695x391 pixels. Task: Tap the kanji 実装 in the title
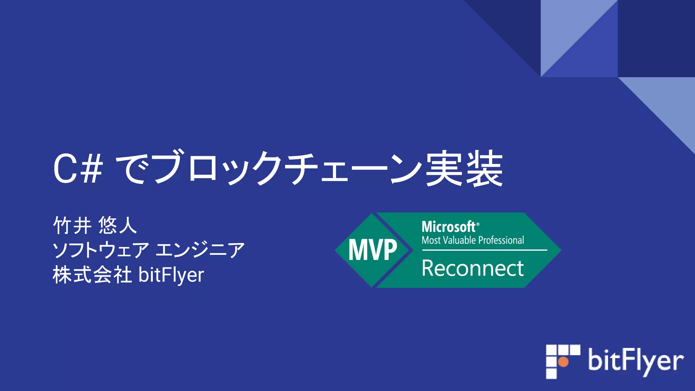point(464,169)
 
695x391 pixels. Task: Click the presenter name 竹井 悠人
point(95,225)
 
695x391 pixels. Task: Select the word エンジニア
point(200,250)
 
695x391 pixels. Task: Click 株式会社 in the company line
point(92,275)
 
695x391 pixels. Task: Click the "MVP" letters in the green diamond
point(373,250)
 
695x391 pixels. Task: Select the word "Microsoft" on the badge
point(448,227)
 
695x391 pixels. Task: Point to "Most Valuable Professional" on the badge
point(473,240)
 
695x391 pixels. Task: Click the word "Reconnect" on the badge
point(473,268)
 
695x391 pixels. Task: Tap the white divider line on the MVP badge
point(485,250)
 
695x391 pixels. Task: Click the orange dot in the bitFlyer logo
point(563,362)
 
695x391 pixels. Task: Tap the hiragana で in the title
point(133,169)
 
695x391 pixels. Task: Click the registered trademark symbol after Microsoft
point(478,224)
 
